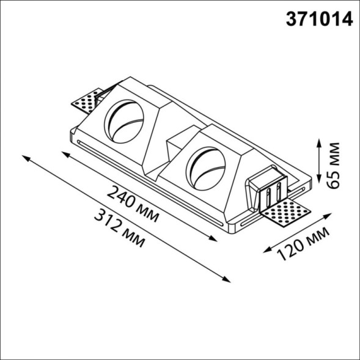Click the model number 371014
[320, 20]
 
